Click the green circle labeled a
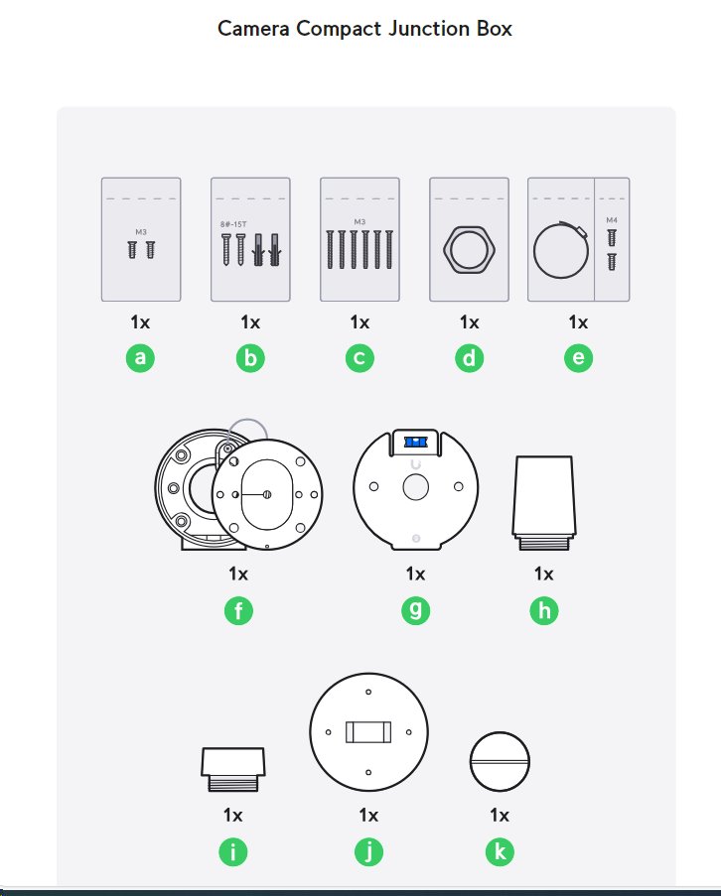click(141, 358)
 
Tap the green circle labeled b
click(250, 358)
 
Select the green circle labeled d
click(469, 358)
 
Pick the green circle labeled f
click(237, 610)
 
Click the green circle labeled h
click(543, 610)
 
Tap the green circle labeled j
click(368, 851)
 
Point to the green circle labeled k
click(500, 851)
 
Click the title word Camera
click(254, 28)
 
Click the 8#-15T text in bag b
click(233, 225)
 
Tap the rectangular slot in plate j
click(368, 732)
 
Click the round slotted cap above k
click(500, 762)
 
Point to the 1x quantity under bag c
click(360, 322)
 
